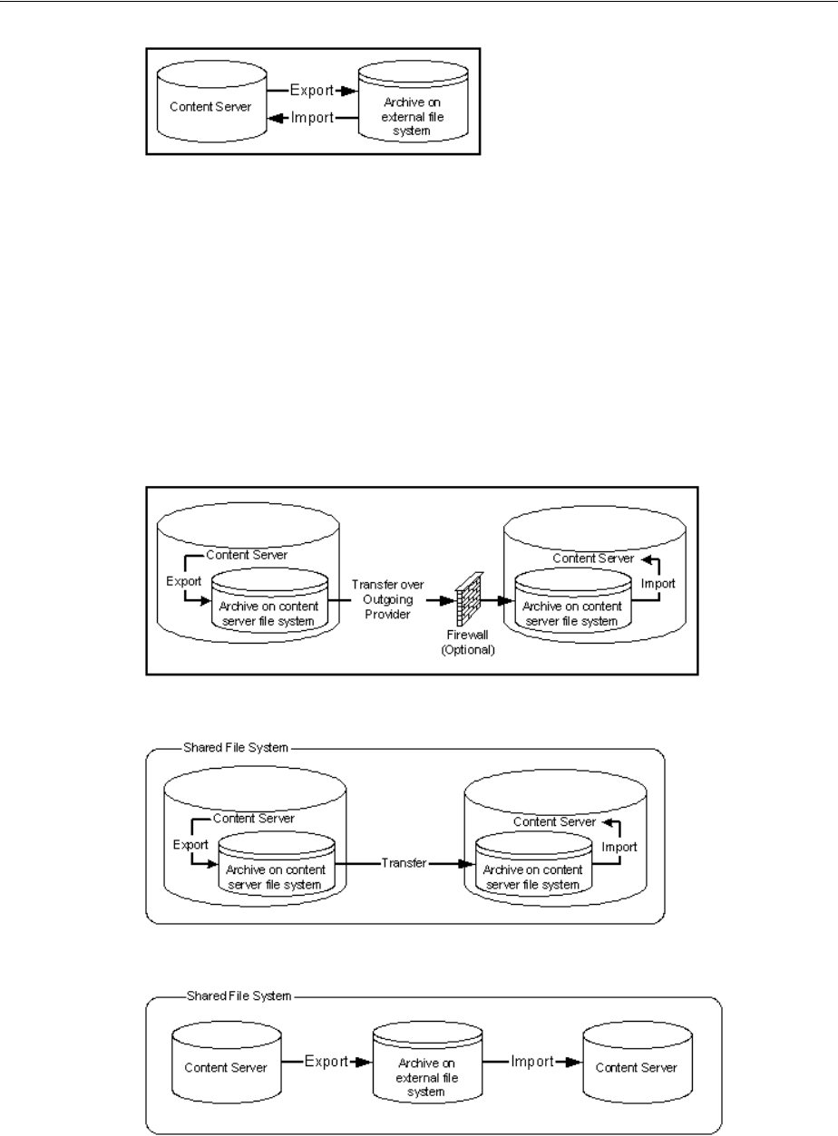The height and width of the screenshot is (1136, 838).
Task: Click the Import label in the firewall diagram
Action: (x=658, y=584)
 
